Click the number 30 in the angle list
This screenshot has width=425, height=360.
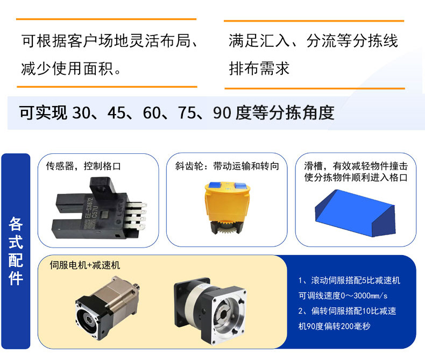pos(81,112)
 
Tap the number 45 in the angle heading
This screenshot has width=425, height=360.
pos(116,112)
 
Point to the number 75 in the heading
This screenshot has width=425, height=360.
pos(187,112)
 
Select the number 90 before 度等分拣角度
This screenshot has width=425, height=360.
pos(222,112)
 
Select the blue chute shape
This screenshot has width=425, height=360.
pos(355,213)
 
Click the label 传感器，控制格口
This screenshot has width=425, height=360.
pos(83,166)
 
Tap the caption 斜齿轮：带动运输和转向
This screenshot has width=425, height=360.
pos(227,166)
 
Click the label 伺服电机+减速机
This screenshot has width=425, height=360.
pos(85,265)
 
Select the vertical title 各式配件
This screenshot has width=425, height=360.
pos(16,251)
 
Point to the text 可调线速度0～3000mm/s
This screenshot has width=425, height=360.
pos(343,295)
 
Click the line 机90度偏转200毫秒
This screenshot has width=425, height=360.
pos(334,326)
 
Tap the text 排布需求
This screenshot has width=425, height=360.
pos(259,68)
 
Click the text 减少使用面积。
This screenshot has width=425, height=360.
pos(71,68)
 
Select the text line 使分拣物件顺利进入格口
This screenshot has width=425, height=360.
pos(356,177)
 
